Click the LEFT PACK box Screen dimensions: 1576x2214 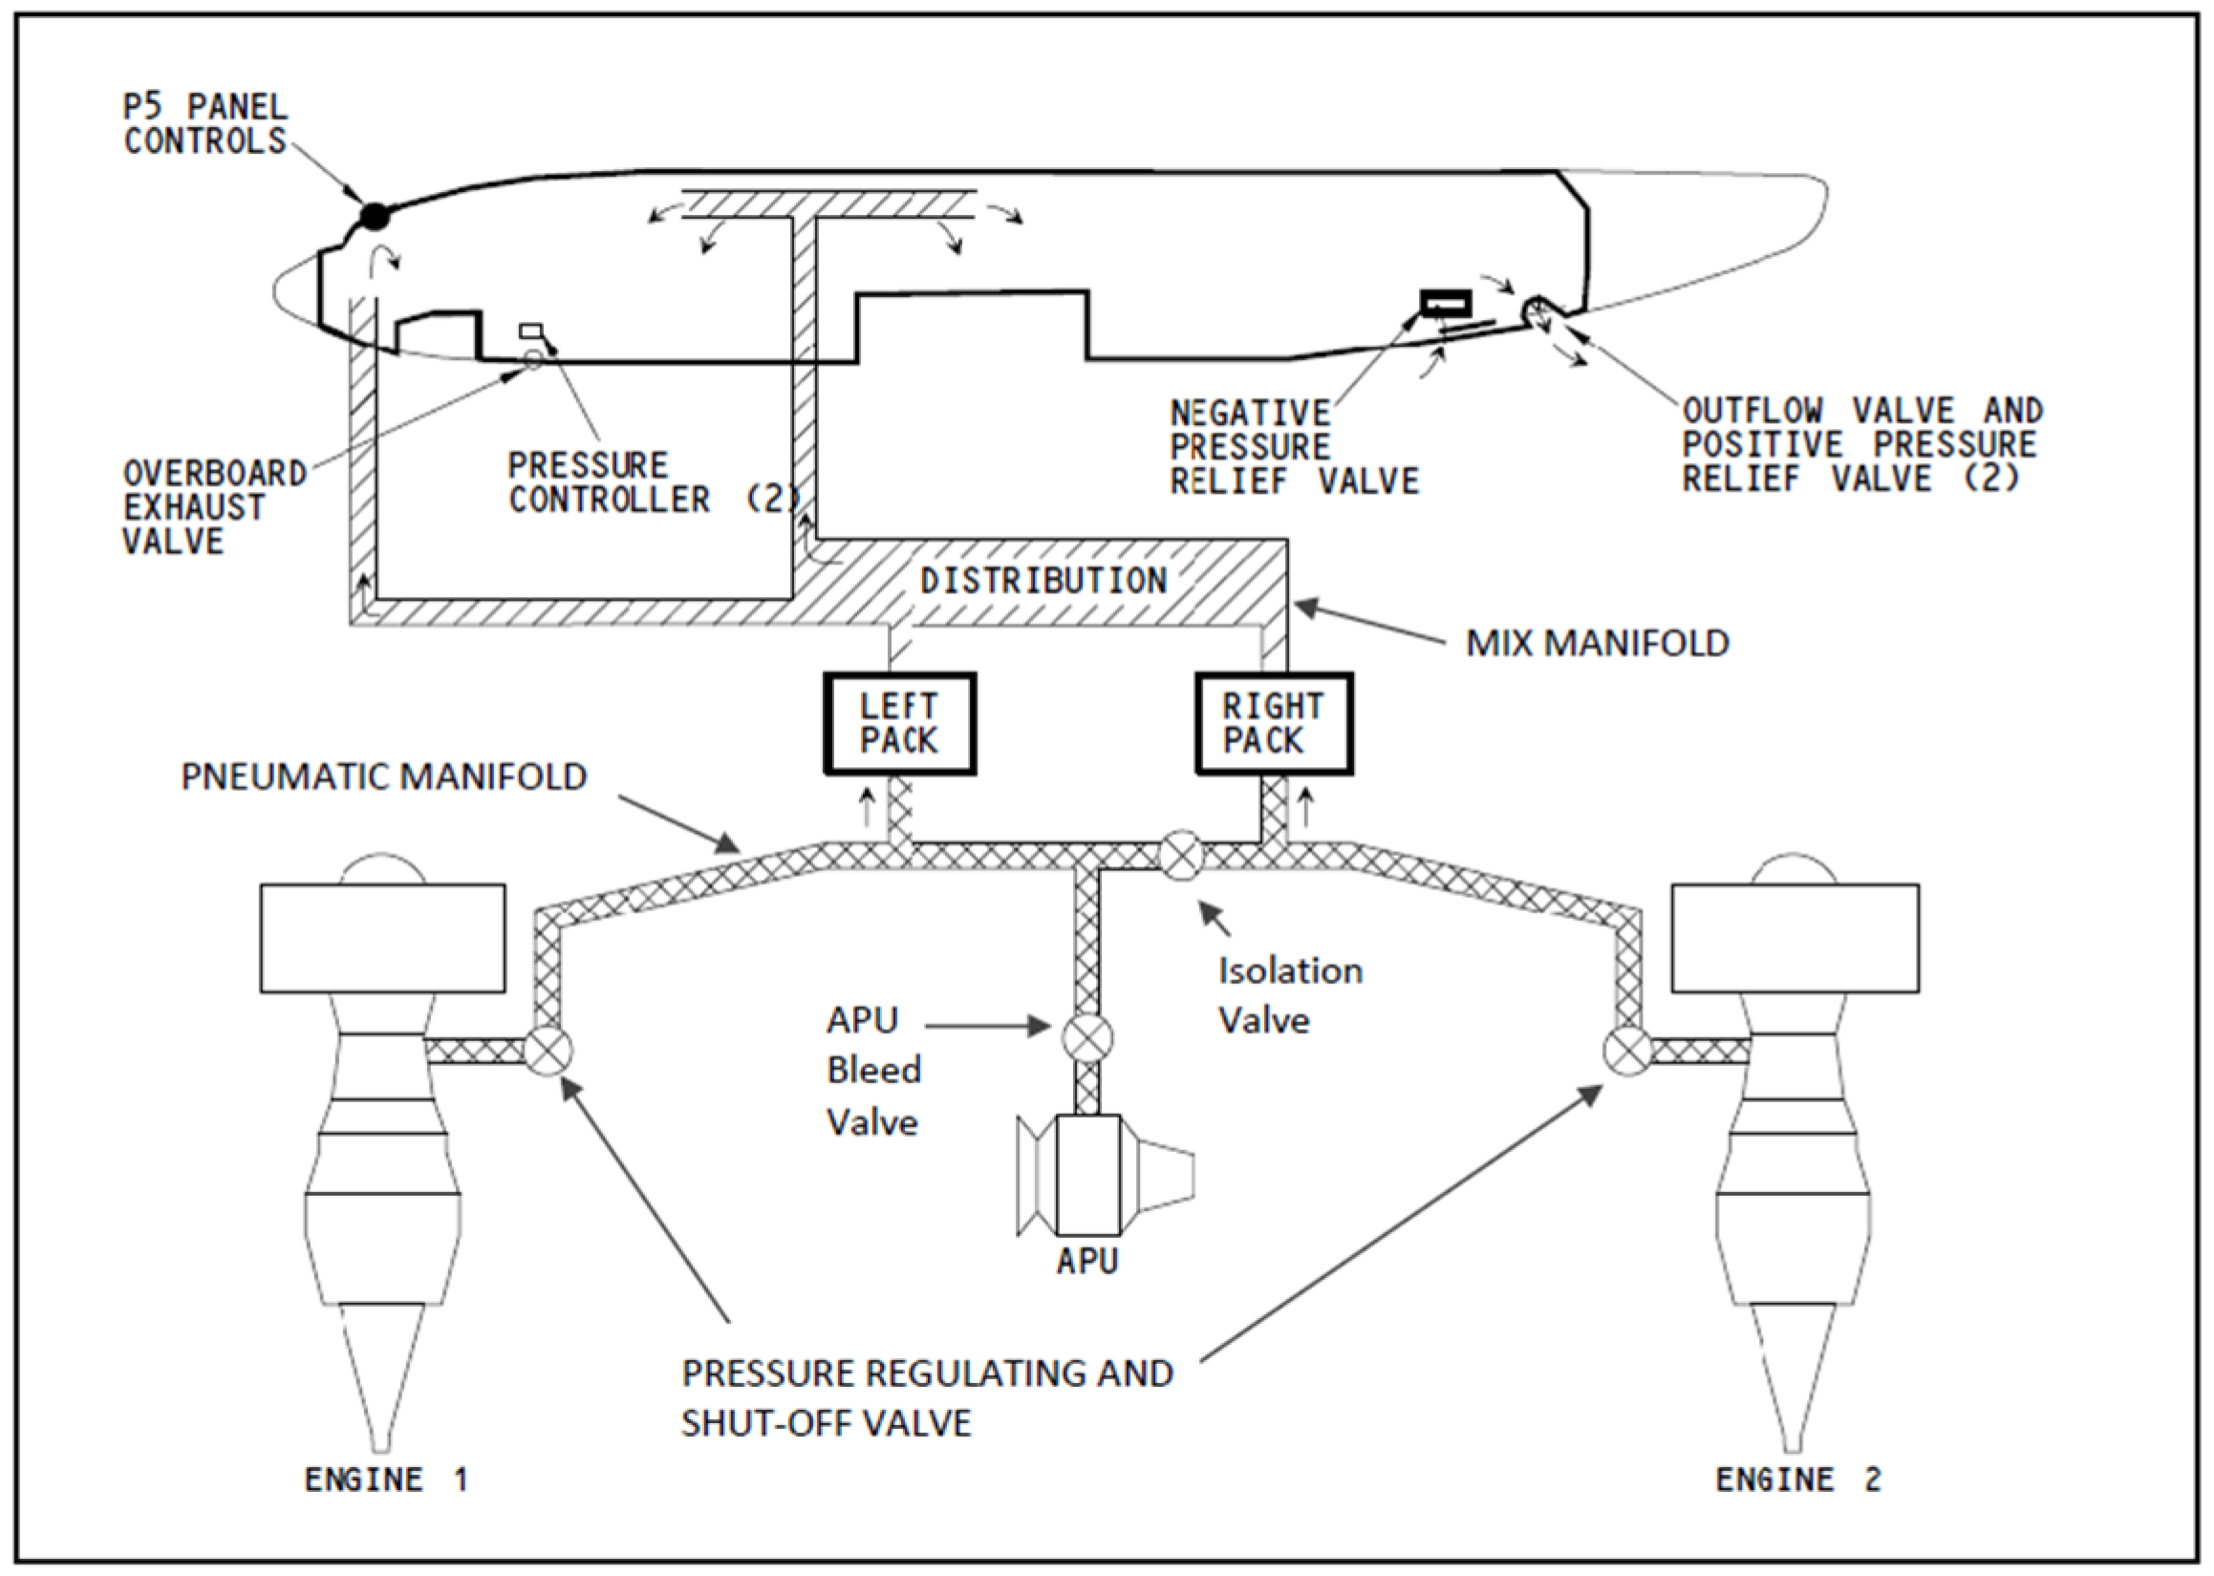click(899, 724)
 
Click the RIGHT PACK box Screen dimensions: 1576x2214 click(1273, 724)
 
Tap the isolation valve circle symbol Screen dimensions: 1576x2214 click(1181, 856)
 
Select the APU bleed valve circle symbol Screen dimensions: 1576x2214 click(1087, 1037)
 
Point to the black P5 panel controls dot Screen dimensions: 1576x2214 click(375, 216)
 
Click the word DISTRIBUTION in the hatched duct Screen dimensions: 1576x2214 click(1043, 582)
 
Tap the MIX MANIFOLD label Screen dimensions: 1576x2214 click(1597, 644)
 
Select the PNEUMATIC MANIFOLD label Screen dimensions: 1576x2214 click(383, 777)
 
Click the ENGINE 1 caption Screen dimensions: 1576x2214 click(386, 1479)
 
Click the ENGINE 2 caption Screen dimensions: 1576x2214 click(1797, 1479)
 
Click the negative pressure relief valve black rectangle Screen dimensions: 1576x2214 click(1446, 304)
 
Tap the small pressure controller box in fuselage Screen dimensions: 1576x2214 click(531, 330)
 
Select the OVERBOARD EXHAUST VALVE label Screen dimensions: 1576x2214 click(213, 507)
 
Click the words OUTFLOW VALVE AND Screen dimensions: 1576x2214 click(1861, 412)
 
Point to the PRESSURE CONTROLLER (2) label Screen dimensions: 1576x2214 click(653, 482)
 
